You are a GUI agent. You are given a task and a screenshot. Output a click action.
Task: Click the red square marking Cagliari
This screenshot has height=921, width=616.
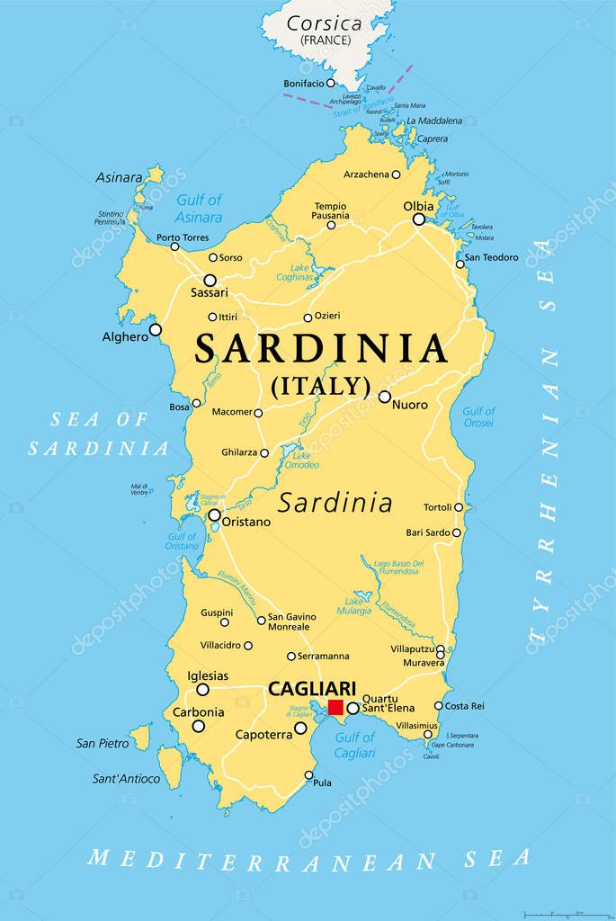click(x=336, y=707)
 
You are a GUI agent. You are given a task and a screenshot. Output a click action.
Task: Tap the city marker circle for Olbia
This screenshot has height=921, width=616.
click(x=418, y=219)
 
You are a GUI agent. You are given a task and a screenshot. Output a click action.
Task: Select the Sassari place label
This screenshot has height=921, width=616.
click(x=210, y=293)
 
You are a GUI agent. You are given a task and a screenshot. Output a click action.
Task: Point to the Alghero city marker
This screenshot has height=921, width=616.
click(x=156, y=330)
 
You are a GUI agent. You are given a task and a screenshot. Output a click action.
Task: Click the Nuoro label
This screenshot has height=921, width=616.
click(x=410, y=405)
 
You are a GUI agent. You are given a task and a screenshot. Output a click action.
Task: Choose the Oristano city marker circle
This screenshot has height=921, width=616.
click(x=214, y=515)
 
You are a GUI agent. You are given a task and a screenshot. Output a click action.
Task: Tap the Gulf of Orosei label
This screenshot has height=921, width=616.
click(x=478, y=417)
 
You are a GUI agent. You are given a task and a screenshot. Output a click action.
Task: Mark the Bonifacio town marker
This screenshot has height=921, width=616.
click(x=331, y=83)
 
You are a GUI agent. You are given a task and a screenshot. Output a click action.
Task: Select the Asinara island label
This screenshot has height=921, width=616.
click(x=119, y=177)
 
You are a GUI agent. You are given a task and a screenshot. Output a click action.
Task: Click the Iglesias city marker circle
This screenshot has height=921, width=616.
click(x=203, y=690)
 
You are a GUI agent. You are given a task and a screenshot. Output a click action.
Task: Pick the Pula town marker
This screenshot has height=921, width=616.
click(x=308, y=775)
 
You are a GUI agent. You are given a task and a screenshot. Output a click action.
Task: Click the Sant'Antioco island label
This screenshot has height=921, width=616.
click(x=126, y=779)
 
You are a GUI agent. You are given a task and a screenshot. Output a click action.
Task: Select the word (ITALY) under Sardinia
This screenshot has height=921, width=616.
click(x=321, y=386)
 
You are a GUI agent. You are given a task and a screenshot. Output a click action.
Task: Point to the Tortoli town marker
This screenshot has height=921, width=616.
click(x=459, y=507)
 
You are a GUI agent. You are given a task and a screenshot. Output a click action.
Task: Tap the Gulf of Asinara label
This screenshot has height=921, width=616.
click(x=199, y=209)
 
